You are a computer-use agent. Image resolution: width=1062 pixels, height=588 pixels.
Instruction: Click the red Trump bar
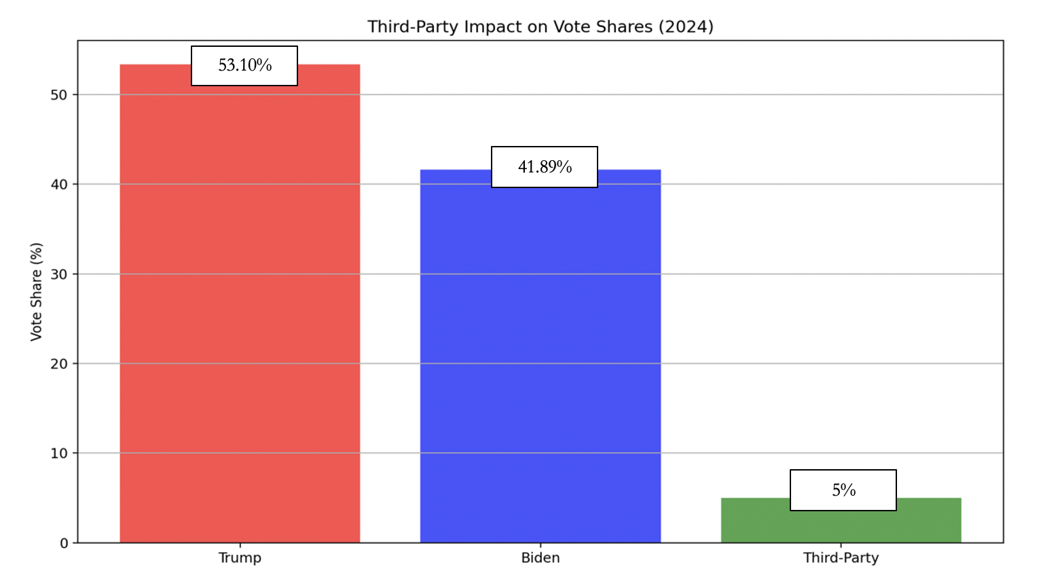(240, 306)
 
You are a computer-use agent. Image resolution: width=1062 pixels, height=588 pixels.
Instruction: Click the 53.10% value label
(244, 66)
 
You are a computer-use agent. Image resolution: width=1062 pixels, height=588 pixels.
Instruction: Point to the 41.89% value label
(545, 167)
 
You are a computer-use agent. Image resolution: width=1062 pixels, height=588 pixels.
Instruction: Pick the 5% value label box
(843, 490)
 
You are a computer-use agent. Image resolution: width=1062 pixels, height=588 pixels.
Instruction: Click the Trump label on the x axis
(240, 558)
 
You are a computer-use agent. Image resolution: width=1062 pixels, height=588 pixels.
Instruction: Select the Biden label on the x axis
(541, 558)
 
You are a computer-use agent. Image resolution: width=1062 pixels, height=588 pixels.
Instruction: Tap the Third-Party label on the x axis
(841, 558)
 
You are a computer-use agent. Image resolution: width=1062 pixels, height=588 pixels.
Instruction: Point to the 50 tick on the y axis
(59, 95)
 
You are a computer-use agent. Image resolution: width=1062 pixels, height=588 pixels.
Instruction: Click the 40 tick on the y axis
(59, 185)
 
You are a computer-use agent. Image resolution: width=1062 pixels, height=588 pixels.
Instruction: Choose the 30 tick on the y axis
(59, 274)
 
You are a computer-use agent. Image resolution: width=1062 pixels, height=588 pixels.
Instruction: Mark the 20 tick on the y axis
(59, 364)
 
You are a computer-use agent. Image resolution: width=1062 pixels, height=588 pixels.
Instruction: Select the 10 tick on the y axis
(59, 454)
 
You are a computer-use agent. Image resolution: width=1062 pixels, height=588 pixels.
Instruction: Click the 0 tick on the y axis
(64, 543)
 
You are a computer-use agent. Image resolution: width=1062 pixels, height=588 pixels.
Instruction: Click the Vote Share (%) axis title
(36, 292)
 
